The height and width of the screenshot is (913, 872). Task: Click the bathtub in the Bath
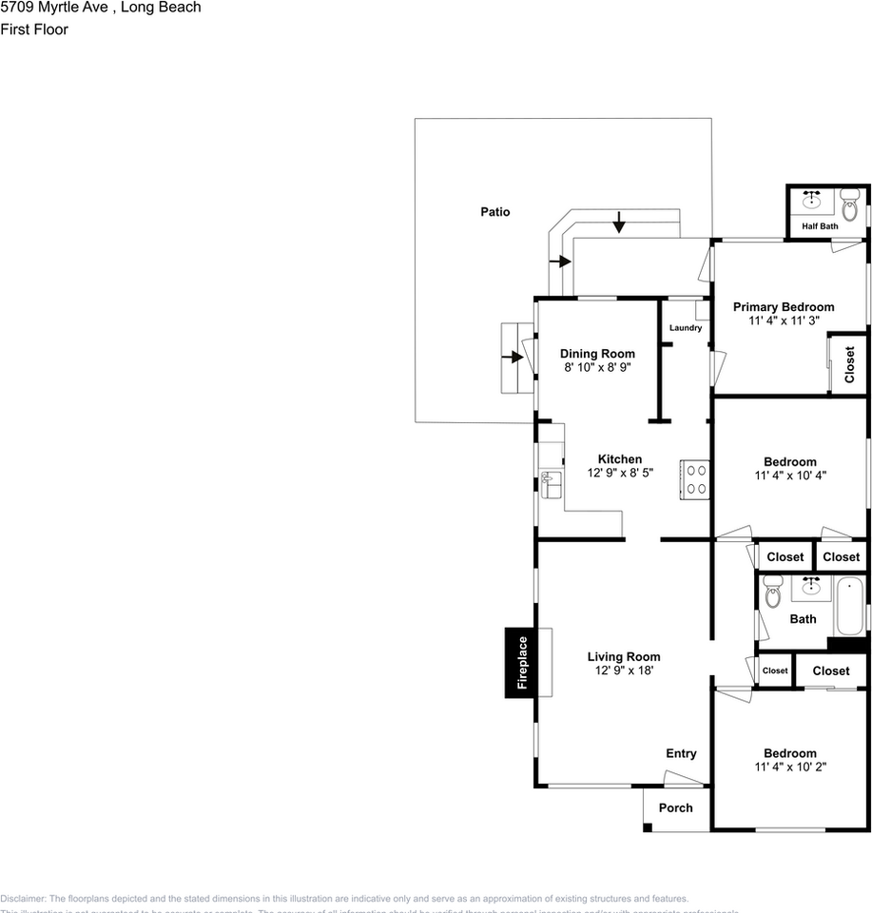tap(848, 606)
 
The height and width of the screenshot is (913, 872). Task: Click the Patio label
tap(494, 212)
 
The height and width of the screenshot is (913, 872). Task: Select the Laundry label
tap(686, 328)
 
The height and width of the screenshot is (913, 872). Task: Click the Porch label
tap(676, 808)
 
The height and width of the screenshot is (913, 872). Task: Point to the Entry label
tap(681, 753)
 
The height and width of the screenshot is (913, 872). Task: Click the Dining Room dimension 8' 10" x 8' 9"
tap(597, 367)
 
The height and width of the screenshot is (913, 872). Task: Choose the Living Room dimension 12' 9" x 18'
tap(624, 670)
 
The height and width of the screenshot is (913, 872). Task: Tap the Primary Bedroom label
tap(784, 307)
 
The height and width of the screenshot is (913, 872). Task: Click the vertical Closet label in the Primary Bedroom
tap(849, 362)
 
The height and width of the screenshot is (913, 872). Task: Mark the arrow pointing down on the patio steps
tap(619, 224)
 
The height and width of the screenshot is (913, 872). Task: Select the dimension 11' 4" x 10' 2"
tap(790, 767)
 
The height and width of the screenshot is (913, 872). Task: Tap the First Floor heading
tap(34, 29)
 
